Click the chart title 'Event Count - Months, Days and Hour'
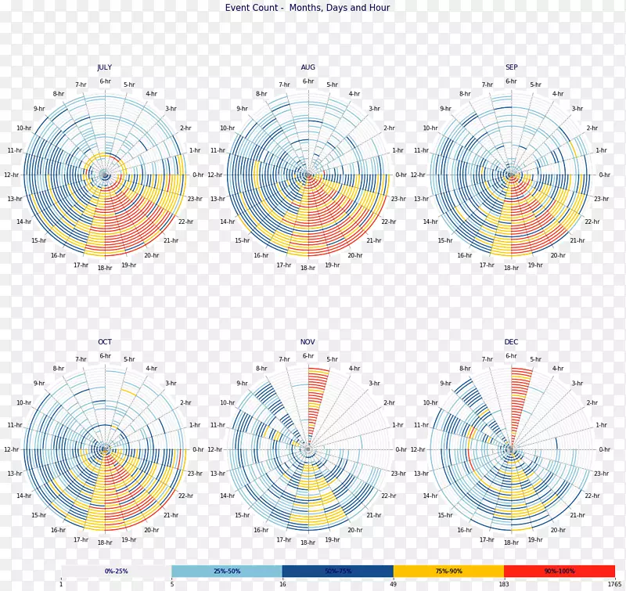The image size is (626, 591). pos(308,8)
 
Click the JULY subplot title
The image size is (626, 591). pos(105,67)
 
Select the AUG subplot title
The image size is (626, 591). pos(308,67)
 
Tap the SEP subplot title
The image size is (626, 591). pos(511,67)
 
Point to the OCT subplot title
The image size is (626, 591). pos(105,342)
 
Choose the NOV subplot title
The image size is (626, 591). pos(308,342)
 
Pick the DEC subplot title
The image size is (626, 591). pos(511,342)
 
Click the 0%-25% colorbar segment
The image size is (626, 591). pos(116,571)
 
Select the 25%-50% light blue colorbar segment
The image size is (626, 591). pos(227,571)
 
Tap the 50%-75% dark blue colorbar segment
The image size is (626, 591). pos(338,571)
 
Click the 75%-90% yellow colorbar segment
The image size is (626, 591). pos(448,571)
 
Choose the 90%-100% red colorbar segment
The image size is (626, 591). pos(559,571)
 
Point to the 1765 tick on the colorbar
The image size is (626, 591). pos(614,584)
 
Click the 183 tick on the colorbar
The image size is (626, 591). pos(504,584)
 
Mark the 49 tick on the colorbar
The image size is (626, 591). pos(394,584)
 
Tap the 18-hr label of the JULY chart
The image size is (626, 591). pos(105,268)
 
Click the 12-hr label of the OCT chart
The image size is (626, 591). pos(11,450)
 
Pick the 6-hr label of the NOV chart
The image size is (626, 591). pos(308,356)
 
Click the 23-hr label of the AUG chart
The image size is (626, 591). pos(398,199)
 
